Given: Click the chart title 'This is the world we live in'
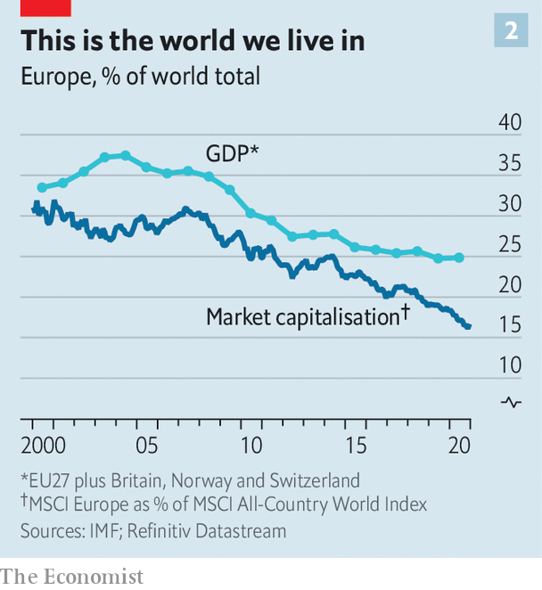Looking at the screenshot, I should tap(193, 41).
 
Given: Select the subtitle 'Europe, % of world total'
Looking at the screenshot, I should tap(141, 77).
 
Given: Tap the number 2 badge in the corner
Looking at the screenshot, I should tap(511, 31).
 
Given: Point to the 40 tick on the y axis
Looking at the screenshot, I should tap(509, 122).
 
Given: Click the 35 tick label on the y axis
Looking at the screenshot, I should tap(509, 163).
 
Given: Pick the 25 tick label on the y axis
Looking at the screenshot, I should tap(509, 244).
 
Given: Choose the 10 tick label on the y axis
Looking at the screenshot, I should tap(509, 365).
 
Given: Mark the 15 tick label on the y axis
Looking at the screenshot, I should tap(509, 325).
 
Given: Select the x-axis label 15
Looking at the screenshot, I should tap(357, 446).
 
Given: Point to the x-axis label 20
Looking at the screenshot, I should tap(459, 446).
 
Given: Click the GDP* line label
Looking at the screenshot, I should tap(232, 153).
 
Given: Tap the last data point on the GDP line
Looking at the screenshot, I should tap(459, 258).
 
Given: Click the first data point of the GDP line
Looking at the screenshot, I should tap(41, 187).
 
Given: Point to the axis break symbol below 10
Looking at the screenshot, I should tap(511, 402).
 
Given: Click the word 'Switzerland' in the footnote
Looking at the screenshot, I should tap(316, 480).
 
